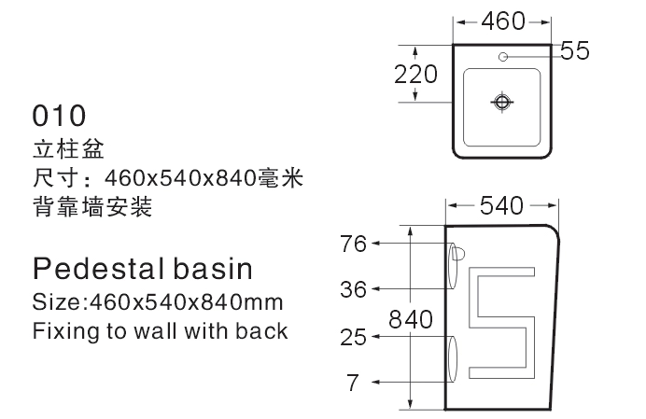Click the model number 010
point(59,116)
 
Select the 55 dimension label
point(575,51)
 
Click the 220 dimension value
point(415,74)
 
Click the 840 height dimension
point(412,320)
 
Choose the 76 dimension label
point(353,244)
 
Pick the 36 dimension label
point(353,289)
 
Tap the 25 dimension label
point(353,338)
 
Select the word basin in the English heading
point(212,270)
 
